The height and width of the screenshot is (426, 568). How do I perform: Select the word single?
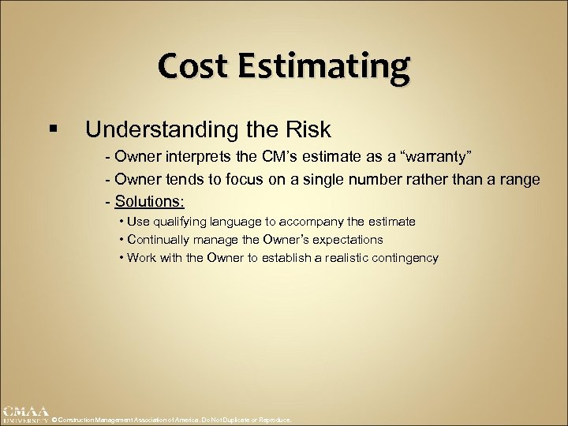[340, 180]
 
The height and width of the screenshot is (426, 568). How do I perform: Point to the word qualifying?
[182, 222]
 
